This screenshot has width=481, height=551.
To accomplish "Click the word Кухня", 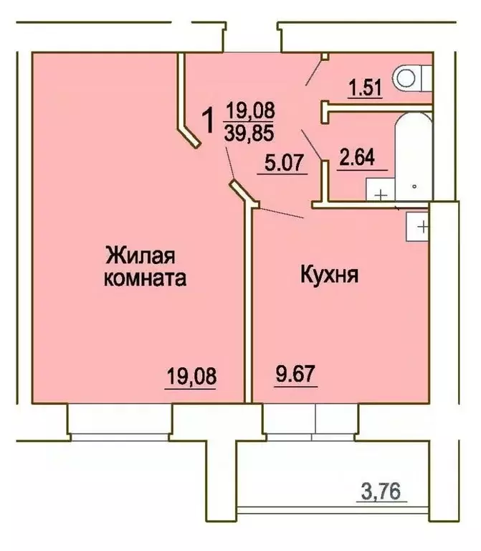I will [329, 275].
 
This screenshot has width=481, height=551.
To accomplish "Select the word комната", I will [146, 279].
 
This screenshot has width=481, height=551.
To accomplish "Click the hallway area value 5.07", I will [282, 164].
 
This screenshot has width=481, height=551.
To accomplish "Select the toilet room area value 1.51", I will [366, 88].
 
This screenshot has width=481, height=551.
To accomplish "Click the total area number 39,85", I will [249, 133].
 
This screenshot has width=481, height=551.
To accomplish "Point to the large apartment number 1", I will [209, 120].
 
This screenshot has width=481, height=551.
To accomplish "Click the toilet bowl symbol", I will [412, 77].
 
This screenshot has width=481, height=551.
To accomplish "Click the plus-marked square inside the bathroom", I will [379, 192].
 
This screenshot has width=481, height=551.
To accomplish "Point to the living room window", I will [120, 423].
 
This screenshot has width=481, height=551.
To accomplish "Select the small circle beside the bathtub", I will [415, 185].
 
